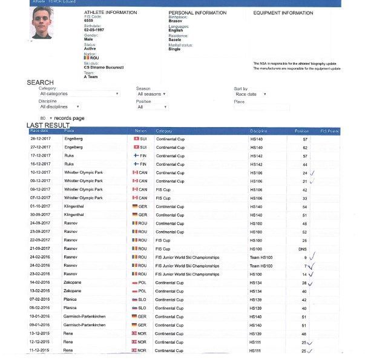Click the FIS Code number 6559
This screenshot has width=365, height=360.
(89, 21)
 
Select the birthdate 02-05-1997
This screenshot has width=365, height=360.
(95, 29)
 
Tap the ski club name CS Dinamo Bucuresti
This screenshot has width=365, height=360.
(104, 67)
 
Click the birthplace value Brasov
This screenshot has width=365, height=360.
(175, 21)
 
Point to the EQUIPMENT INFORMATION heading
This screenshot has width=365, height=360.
(283, 12)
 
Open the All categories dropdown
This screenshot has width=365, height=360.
(79, 94)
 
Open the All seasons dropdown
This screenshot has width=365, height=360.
(151, 94)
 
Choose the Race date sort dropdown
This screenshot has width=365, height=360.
(251, 94)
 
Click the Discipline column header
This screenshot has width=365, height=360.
(258, 131)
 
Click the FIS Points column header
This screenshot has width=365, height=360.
(329, 131)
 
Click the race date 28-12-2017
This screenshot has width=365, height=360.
(40, 139)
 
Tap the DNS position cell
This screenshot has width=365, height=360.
(304, 249)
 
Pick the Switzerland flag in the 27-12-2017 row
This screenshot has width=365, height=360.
(136, 147)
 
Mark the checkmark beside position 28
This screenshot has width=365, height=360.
(311, 283)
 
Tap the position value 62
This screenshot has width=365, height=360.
(305, 147)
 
